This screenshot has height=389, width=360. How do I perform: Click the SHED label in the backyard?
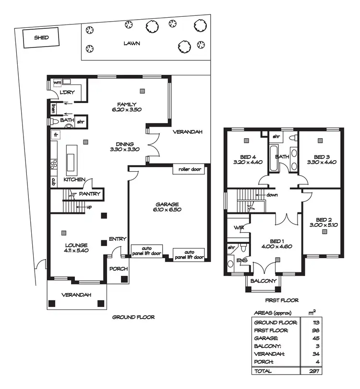[x=41, y=37]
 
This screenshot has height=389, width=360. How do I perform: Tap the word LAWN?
[x=131, y=43]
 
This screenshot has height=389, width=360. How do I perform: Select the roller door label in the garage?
[x=190, y=169]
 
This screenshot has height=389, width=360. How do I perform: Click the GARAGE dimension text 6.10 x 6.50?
[x=167, y=210]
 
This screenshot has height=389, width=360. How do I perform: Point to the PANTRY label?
[x=89, y=194]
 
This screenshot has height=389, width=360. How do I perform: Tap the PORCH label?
[x=117, y=269]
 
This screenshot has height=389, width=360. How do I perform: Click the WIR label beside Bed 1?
[x=239, y=227]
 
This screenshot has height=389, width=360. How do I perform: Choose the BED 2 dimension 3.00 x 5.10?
[x=324, y=224]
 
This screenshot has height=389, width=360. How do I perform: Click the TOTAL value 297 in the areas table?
[x=315, y=371]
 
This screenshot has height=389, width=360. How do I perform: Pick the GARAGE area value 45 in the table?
[x=316, y=339]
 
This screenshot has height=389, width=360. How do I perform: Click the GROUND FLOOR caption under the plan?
[x=133, y=317]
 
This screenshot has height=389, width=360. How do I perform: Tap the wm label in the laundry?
[x=57, y=83]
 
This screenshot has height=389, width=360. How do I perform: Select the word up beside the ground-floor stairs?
[x=89, y=207]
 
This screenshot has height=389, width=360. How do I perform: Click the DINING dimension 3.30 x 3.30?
[x=124, y=150]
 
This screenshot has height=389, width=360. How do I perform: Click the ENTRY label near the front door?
[x=117, y=239]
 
